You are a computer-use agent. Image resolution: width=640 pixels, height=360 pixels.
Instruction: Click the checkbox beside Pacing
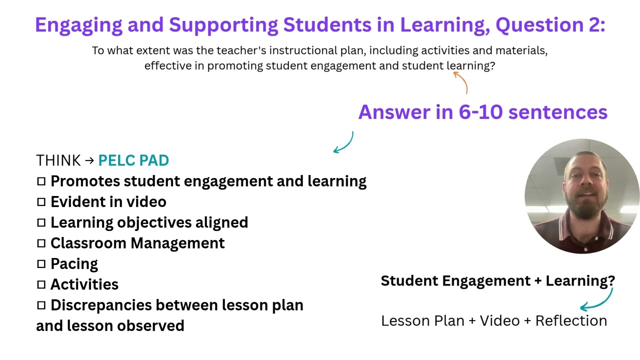coord(41,264)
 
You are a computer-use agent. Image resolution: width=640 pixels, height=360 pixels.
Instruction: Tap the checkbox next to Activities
coord(41,284)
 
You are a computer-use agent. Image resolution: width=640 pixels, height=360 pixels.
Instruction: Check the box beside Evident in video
coord(41,202)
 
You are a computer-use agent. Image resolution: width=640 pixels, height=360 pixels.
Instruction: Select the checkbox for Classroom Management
coord(41,243)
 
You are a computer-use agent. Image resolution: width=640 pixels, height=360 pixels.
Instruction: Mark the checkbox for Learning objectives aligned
coord(41,222)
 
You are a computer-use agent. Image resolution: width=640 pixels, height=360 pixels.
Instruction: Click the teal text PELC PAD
coord(133,160)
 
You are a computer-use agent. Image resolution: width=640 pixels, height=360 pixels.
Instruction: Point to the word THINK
coord(58,160)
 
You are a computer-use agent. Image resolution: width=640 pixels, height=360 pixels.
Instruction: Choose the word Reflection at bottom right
coord(571,320)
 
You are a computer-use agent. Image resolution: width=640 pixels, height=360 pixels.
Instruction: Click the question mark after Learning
coord(611,281)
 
